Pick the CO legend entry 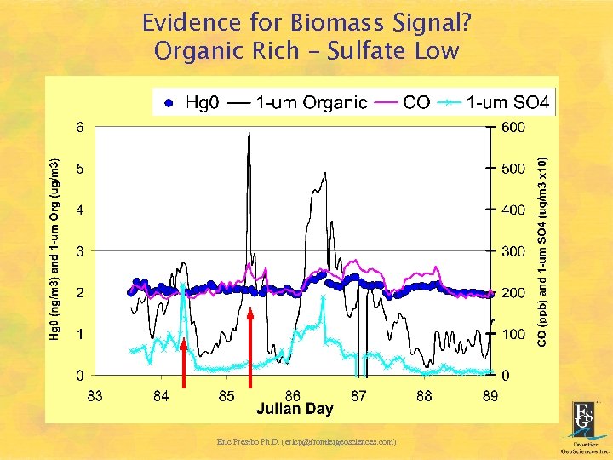click(404, 103)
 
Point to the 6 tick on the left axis click(80, 128)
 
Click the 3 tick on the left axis click(80, 251)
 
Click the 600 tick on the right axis click(513, 128)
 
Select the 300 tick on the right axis click(513, 251)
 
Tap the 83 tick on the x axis click(95, 395)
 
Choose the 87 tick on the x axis click(358, 395)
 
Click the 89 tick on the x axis click(490, 395)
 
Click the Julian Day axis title click(295, 410)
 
